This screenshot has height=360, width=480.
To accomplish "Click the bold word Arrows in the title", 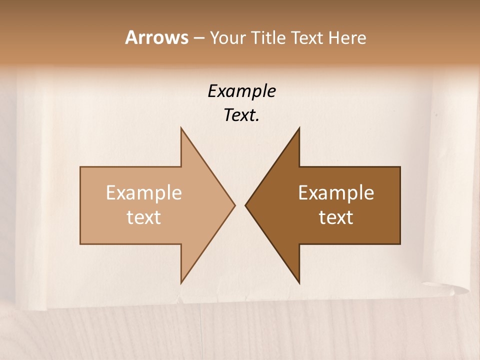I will (x=156, y=37).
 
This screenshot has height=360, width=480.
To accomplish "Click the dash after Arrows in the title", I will (x=198, y=38).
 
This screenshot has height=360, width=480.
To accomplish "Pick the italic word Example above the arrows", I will (x=241, y=91).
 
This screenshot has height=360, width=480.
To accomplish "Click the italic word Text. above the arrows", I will (x=241, y=115).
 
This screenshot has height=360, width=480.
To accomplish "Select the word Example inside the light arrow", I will (x=144, y=193).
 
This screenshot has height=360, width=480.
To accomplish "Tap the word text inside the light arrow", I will (x=144, y=217).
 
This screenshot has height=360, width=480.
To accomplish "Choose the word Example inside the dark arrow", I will (x=336, y=193).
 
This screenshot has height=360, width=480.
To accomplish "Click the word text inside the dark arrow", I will (x=336, y=217).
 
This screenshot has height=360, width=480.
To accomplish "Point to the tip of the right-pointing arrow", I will (x=234, y=205).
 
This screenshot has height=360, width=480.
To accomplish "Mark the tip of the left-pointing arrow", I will (x=246, y=205).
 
